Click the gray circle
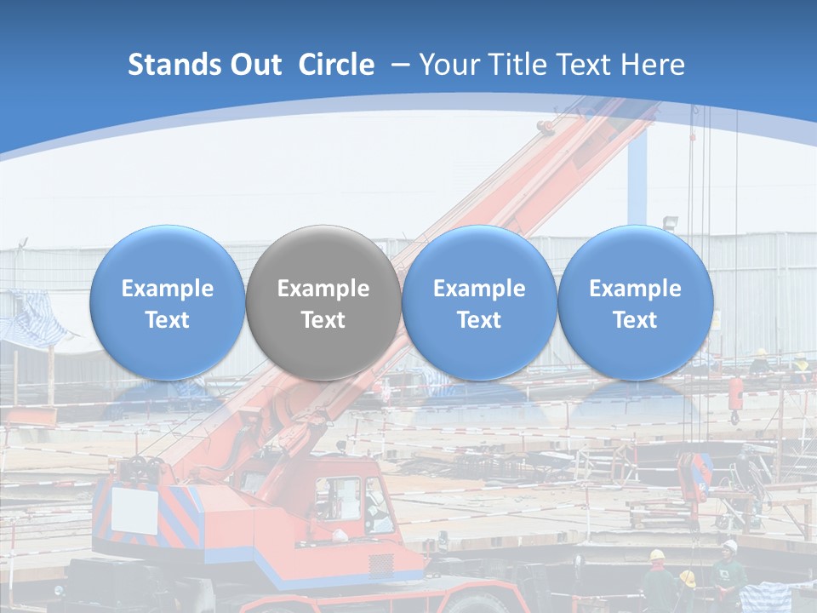click(x=323, y=302)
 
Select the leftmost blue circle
click(x=167, y=302)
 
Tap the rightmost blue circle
click(x=635, y=302)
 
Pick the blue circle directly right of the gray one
click(x=479, y=302)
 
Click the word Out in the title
click(x=254, y=65)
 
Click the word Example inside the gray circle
click(x=323, y=289)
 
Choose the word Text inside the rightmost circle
click(x=635, y=320)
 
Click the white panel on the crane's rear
click(x=135, y=510)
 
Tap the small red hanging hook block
click(x=735, y=398)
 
